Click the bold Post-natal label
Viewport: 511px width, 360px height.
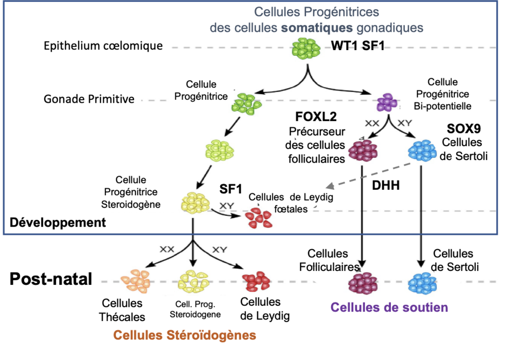tap(52, 279)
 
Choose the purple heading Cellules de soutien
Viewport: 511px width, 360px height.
tap(389, 307)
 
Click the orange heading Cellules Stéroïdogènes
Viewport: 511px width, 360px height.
tap(184, 335)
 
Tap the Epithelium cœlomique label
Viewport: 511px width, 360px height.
tap(104, 46)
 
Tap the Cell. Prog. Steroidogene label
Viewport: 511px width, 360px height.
tap(196, 309)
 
